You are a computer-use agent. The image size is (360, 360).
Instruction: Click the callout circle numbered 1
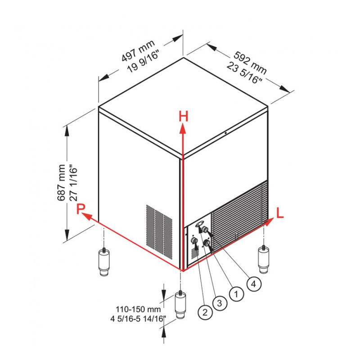point(237,294)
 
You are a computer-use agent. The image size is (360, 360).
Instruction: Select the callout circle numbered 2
point(205,312)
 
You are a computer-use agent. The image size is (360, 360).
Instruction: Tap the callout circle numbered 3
point(220,303)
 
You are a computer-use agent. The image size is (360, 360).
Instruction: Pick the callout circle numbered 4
point(254,284)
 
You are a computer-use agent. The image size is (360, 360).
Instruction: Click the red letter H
point(184,116)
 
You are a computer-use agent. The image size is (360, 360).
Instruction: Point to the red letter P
point(81,209)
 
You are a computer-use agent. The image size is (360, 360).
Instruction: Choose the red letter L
point(280,213)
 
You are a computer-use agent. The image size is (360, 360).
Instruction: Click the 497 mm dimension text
point(138,51)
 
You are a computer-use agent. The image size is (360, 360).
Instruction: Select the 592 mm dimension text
point(250,63)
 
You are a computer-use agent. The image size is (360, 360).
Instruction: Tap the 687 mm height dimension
point(61,183)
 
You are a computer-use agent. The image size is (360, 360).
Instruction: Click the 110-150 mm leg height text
point(138,309)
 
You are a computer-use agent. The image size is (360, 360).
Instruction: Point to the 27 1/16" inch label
point(73,183)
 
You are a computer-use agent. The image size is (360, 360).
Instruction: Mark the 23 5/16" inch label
point(244,73)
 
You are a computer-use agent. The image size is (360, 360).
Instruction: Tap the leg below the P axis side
point(104,261)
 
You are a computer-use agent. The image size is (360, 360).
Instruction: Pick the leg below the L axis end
point(264,259)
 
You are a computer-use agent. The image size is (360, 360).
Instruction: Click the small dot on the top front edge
point(226,133)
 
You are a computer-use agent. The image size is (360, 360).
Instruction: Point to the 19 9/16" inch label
point(144,62)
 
